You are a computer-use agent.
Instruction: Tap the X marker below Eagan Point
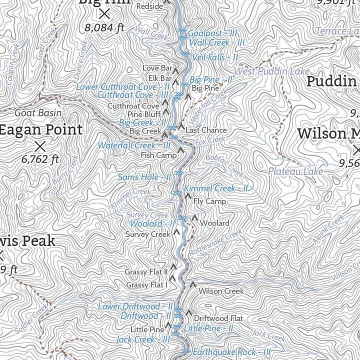point(40,146)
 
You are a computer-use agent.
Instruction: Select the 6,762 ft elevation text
point(40,159)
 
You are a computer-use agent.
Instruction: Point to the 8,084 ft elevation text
point(104,28)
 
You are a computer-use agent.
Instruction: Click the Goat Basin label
point(38,113)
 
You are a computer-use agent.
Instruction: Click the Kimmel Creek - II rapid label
point(216,188)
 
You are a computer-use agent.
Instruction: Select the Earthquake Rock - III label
point(231,352)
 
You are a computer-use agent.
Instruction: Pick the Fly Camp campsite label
point(209,201)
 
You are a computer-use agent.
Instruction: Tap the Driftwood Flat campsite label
point(218,318)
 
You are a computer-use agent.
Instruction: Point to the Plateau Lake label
point(295,171)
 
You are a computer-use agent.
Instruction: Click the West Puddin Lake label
point(271,71)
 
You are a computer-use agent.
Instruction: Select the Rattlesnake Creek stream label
point(215,243)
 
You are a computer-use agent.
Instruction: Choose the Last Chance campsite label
point(206,130)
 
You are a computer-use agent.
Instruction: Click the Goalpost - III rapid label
point(212,33)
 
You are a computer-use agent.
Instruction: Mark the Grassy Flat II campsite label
point(146,271)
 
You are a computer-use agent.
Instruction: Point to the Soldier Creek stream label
point(31,320)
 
